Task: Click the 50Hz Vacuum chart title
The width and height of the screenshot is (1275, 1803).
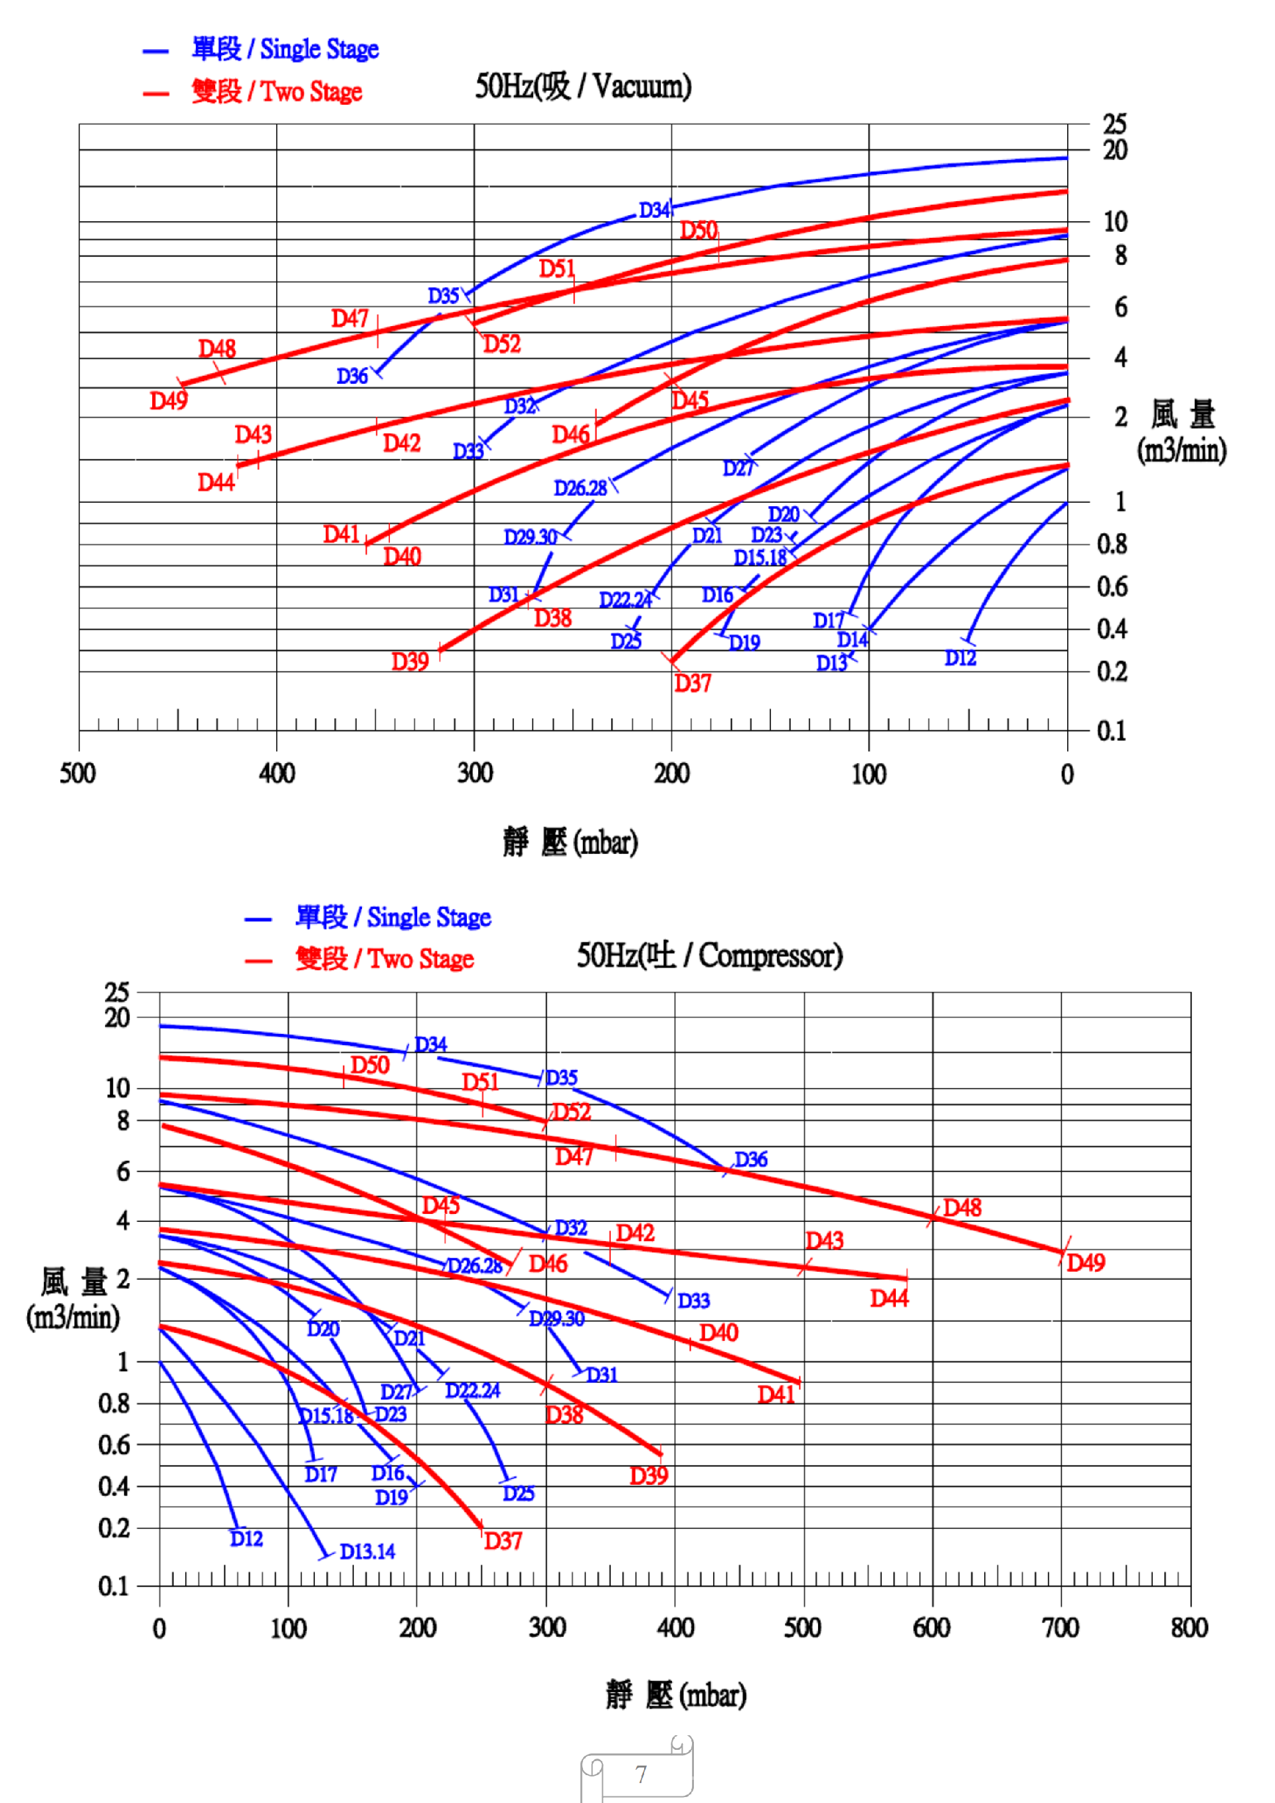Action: tap(582, 86)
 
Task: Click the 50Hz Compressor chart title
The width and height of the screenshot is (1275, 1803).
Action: tap(709, 955)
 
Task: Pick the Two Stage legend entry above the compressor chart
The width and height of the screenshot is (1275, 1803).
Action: tap(384, 959)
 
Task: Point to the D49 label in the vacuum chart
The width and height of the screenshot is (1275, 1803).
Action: tap(169, 401)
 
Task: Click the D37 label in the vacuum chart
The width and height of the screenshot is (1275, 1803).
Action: tap(693, 683)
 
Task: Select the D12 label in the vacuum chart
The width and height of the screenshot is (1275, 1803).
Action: tap(960, 658)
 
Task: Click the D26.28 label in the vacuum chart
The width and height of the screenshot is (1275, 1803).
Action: tap(580, 489)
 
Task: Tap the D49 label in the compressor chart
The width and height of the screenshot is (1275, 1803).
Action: tap(1086, 1262)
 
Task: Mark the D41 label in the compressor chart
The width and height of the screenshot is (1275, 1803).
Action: tap(776, 1395)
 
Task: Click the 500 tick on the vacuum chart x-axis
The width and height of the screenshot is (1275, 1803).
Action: tap(78, 774)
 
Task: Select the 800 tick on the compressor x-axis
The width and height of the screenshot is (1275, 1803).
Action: tap(1189, 1628)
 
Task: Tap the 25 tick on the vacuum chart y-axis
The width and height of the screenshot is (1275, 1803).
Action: tap(1114, 124)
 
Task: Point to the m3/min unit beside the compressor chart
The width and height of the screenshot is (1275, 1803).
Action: tap(72, 1317)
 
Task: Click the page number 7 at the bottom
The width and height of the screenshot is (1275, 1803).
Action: tap(641, 1774)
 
